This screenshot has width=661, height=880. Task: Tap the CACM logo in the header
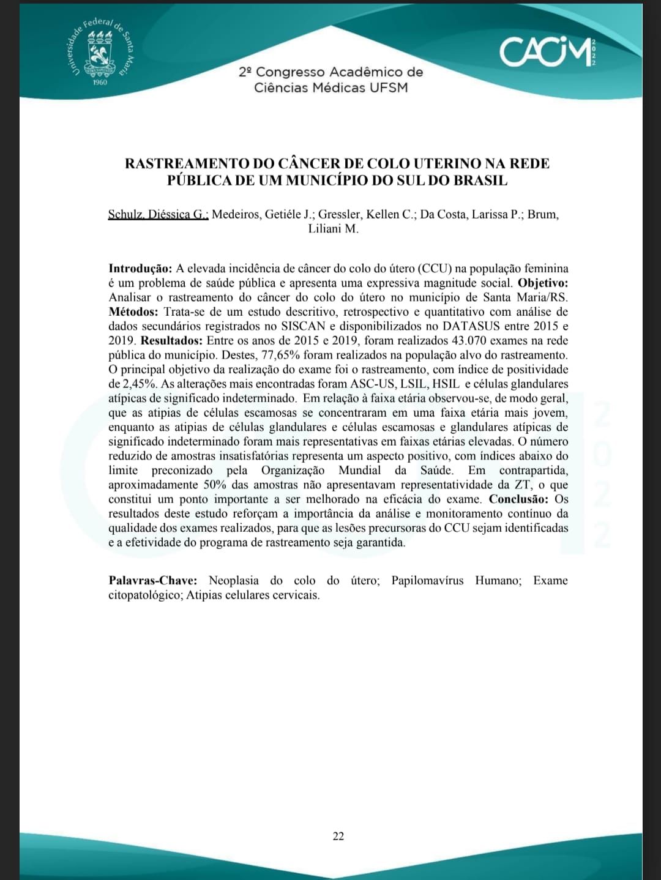548,51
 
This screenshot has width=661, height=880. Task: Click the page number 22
338,836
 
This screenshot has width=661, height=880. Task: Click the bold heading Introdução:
140,269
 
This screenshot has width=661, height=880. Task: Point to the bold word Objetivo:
543,283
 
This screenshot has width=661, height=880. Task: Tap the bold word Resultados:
171,341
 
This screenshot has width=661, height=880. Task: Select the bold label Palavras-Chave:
153,581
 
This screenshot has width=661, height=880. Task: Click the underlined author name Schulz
125,215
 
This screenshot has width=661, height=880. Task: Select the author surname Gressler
340,215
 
